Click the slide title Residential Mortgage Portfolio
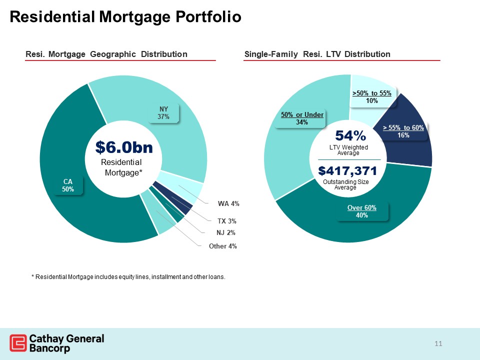coord(125,17)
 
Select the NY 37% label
coord(164,113)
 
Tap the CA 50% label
coord(68,185)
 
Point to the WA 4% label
coord(228,203)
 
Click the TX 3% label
coord(226,220)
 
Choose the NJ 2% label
coord(226,232)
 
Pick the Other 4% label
coord(222,246)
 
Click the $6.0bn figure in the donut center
coord(123,147)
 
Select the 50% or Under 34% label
coord(302,118)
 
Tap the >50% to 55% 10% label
coord(371,97)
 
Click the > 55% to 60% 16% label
coord(403,131)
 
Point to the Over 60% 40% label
coord(362,211)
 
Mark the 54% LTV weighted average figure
coord(350,136)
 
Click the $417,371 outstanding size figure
coord(347,171)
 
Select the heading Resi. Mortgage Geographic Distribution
coord(106,54)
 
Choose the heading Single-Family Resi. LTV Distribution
coord(317,54)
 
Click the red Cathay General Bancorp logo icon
coord(18,343)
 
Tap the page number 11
coord(438,343)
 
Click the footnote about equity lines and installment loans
coord(128,276)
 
